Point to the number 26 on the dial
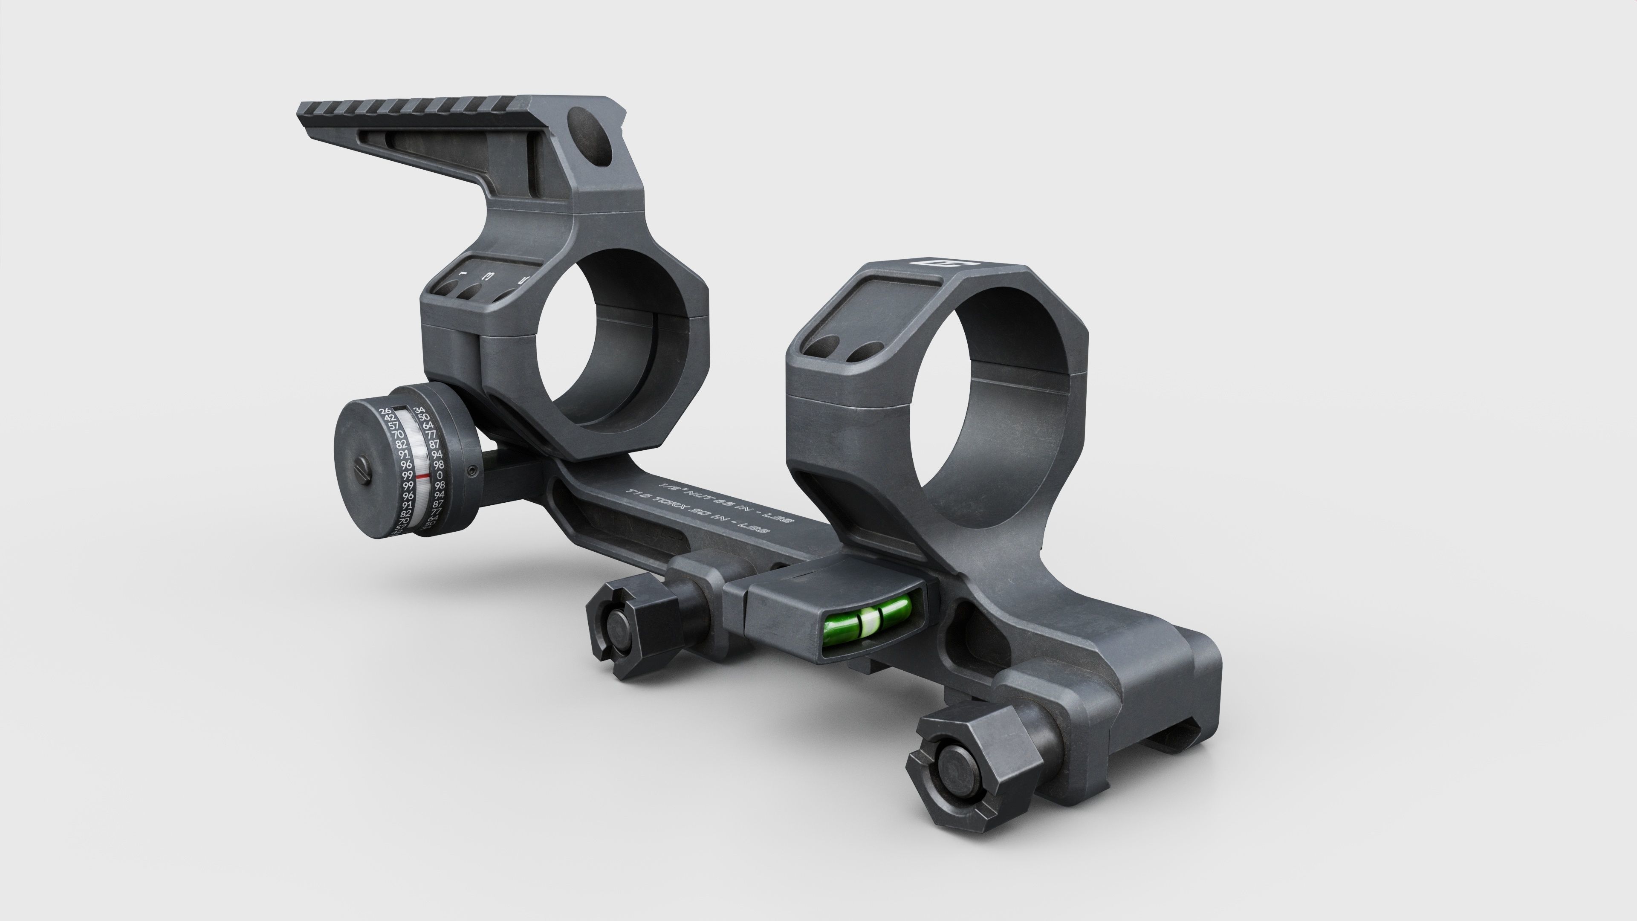point(385,411)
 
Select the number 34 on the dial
point(419,410)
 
